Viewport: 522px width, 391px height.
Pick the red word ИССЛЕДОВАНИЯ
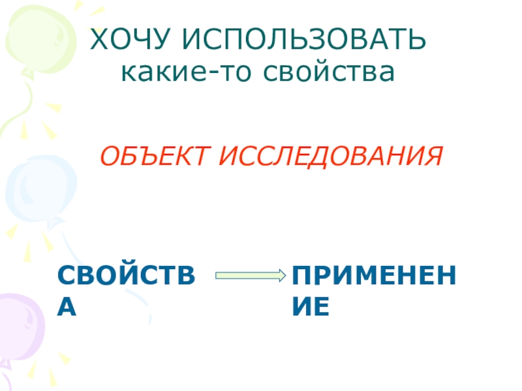[330, 157]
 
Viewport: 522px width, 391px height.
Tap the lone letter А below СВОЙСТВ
[67, 306]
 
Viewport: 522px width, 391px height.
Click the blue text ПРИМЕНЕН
[374, 276]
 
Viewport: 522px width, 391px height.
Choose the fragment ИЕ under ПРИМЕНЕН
[310, 306]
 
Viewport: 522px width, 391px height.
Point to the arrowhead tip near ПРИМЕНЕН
[284, 276]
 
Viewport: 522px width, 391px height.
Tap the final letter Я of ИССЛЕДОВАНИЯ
[433, 157]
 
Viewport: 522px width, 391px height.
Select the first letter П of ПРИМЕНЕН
[301, 276]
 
